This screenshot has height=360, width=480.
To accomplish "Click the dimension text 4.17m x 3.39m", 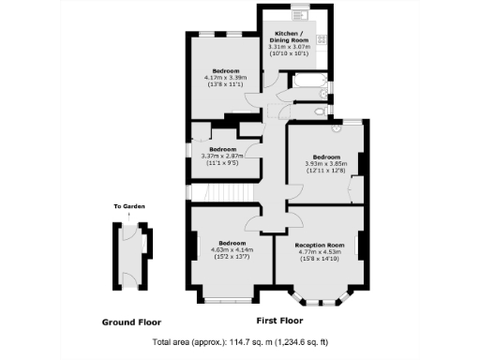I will pyautogui.click(x=223, y=78).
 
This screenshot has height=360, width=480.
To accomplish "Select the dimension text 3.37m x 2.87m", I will pyautogui.click(x=221, y=157).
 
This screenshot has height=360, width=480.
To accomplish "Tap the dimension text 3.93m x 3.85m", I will pyautogui.click(x=325, y=163).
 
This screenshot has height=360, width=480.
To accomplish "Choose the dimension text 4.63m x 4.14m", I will pyautogui.click(x=232, y=249).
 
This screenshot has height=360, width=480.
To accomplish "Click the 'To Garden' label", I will pyautogui.click(x=129, y=206).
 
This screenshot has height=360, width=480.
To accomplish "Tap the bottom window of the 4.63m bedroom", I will pyautogui.click(x=228, y=299).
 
